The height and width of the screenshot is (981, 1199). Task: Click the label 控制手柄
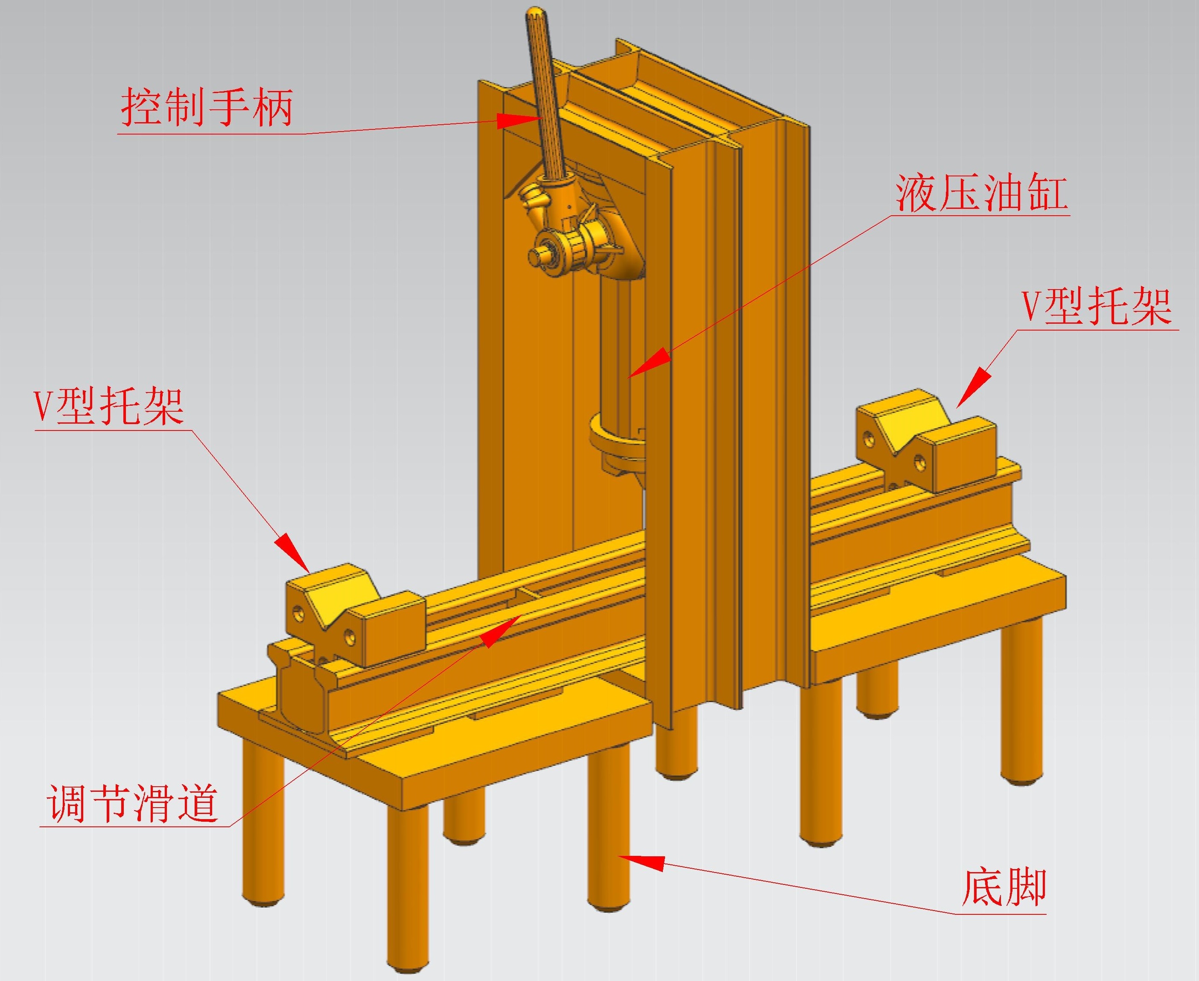[207, 107]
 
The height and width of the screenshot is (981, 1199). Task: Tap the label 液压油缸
[982, 194]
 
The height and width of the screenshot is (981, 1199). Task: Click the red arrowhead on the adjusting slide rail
[499, 632]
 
